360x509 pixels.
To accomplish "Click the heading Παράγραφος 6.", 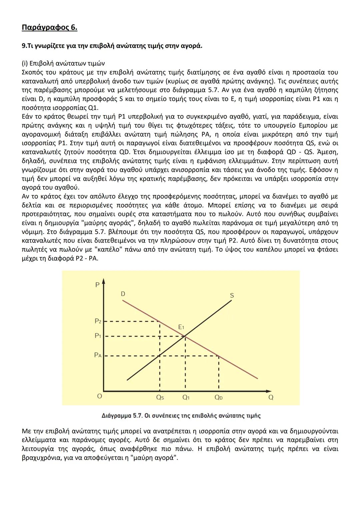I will tap(49, 27).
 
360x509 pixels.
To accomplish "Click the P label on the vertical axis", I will tap(97, 285).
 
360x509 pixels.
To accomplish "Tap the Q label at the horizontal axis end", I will tap(271, 397).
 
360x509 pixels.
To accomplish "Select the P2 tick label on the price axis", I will tap(98, 321).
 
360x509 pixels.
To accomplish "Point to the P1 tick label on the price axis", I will tap(98, 336).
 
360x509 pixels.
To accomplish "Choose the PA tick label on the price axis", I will tap(98, 355).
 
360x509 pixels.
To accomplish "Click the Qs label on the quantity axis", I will tap(160, 397).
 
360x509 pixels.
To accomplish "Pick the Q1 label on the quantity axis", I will tap(186, 397).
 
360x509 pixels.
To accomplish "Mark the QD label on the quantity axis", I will tap(219, 397).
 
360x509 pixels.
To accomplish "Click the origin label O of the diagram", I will tap(99, 396).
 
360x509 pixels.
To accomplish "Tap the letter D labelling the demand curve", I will tap(123, 294).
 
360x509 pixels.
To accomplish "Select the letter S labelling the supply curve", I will tap(232, 295).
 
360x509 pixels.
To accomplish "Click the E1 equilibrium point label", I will tap(181, 327).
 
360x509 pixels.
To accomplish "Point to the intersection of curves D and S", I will tap(185, 336).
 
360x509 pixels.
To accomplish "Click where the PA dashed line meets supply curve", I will tap(160, 356).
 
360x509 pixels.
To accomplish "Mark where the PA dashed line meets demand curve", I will tap(219, 356).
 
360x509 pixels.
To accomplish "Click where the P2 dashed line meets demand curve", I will tap(160, 321).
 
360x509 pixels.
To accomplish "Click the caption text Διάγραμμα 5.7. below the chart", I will tap(121, 416).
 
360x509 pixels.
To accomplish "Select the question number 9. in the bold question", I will tap(24, 46).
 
